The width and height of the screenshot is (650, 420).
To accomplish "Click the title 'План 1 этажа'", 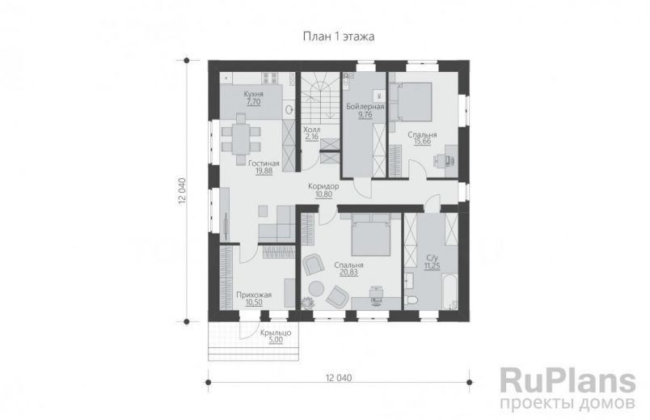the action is (339, 36).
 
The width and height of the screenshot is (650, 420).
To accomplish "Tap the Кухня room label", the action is (254, 94).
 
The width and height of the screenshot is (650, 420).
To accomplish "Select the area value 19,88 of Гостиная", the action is (264, 170).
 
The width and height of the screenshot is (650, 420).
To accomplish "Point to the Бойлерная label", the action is (365, 107).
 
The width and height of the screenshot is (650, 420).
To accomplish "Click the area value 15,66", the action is (422, 142).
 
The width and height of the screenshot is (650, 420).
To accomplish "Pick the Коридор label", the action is (323, 186).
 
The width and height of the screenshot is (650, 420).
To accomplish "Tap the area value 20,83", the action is (348, 272).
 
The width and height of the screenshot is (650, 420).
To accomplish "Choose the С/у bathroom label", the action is (433, 258).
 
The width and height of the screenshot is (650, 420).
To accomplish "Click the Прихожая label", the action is (254, 295).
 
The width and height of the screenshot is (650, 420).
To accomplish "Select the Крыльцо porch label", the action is (276, 333).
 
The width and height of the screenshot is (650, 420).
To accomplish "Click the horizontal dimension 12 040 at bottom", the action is (339, 378).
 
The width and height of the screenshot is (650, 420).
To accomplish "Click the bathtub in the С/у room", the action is (449, 291).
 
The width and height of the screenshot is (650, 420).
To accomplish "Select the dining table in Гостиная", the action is (241, 139).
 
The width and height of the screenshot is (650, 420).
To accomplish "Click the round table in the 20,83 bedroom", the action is (316, 289).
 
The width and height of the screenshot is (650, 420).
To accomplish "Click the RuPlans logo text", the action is (568, 380).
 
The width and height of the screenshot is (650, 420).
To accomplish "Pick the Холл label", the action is (312, 130).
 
